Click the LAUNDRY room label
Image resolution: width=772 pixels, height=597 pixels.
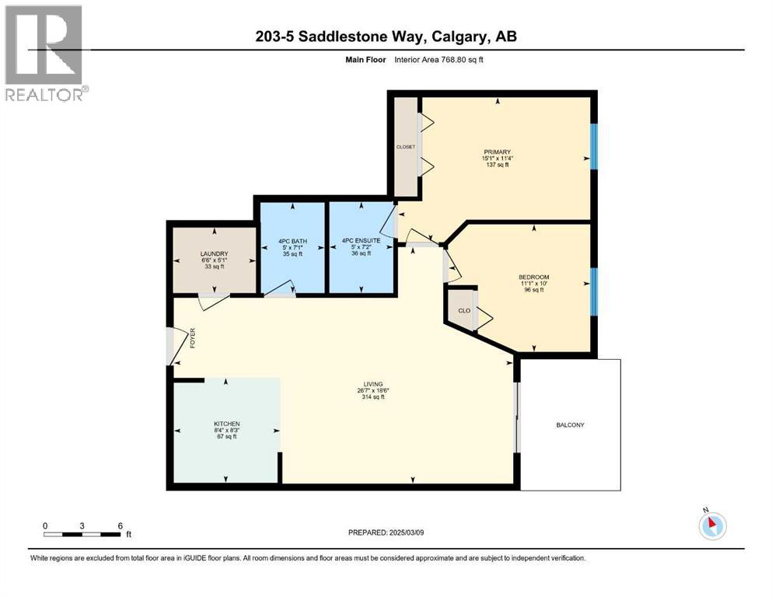(212, 253)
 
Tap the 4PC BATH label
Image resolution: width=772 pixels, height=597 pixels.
(292, 241)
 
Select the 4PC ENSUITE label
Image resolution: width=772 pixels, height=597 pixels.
(360, 241)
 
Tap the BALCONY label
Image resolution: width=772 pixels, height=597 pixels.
(570, 424)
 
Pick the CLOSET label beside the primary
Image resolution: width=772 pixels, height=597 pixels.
(406, 146)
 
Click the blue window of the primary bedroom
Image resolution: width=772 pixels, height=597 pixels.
(594, 145)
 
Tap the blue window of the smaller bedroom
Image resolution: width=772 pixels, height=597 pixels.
(594, 292)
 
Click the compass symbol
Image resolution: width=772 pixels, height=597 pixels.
(712, 525)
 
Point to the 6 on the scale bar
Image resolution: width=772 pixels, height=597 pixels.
(120, 525)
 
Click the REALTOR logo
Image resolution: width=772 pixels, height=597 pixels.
(46, 54)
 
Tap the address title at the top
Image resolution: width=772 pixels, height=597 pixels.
(385, 37)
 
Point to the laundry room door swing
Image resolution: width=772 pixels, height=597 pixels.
(211, 302)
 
